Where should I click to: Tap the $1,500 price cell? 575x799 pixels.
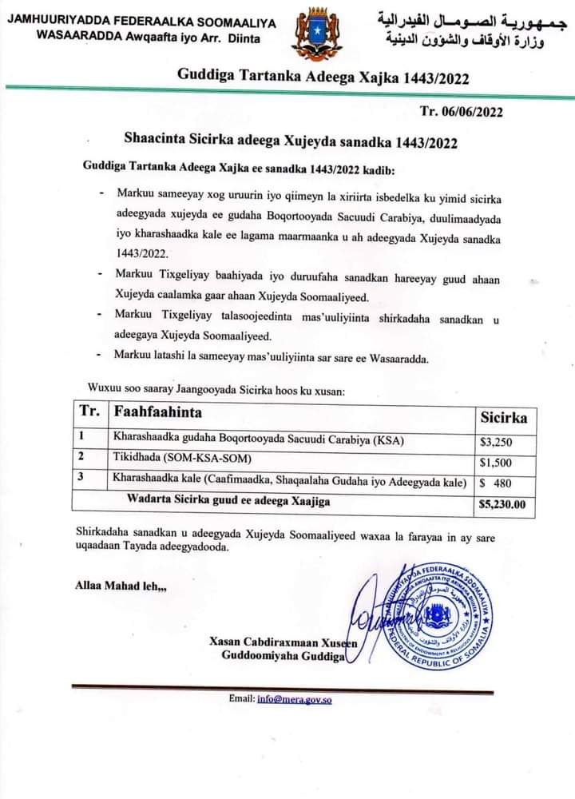click(x=495, y=462)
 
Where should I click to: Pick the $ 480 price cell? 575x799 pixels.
click(x=495, y=483)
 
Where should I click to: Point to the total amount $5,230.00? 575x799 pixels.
click(x=502, y=504)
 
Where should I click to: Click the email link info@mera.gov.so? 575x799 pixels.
click(x=294, y=699)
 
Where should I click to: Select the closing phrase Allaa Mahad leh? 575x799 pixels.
click(x=121, y=585)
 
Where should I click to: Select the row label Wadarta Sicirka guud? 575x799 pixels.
click(x=229, y=501)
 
